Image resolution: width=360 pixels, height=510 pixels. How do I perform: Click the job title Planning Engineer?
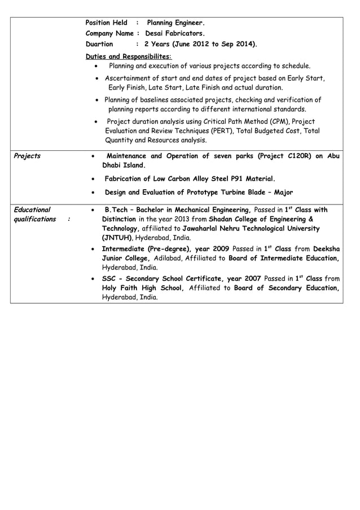(x=175, y=23)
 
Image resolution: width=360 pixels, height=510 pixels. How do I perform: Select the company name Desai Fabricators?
(x=171, y=33)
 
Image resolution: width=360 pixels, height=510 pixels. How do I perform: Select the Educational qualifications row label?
(x=33, y=214)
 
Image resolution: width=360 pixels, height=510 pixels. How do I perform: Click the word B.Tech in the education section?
(x=117, y=210)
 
